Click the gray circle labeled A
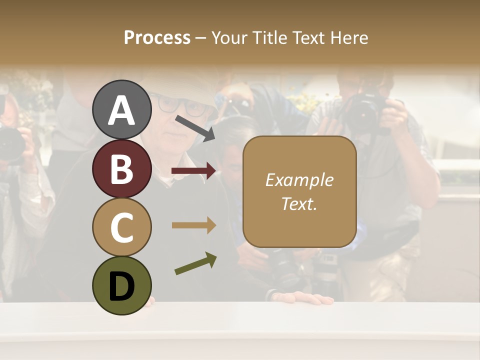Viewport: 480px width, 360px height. tap(121, 109)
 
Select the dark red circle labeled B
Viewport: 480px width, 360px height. tap(121, 168)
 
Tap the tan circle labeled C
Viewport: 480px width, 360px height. tap(121, 227)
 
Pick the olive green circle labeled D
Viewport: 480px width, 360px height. tap(121, 285)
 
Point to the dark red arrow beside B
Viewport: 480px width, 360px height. tap(194, 171)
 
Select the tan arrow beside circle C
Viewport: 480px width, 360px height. tap(194, 225)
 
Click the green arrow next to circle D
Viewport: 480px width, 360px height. tap(195, 263)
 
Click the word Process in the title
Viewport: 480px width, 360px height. tap(157, 37)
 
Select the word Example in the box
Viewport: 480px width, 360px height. tap(299, 180)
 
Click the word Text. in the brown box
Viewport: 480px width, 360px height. tap(299, 203)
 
